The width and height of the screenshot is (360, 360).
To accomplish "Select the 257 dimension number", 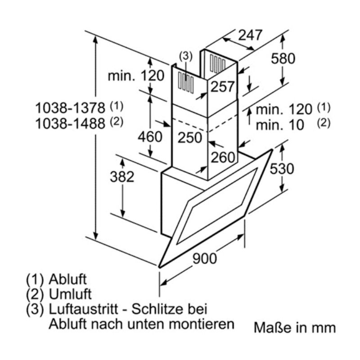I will coord(223,87).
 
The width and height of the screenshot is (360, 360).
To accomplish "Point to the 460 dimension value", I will coord(149,136).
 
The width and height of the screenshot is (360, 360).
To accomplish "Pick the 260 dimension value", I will coord(223,157).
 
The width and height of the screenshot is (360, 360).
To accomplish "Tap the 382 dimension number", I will coord(122,177).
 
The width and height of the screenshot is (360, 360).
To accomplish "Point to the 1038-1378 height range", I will coord(72,108).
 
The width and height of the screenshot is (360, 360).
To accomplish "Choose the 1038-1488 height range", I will coord(72,123).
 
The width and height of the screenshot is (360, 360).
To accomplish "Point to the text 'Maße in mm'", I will coord(295,327).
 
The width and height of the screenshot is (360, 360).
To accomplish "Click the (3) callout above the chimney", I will coord(185,56).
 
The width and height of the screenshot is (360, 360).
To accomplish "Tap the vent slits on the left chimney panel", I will coord(186,83).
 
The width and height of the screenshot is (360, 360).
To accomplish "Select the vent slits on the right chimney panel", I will coord(218,64).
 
